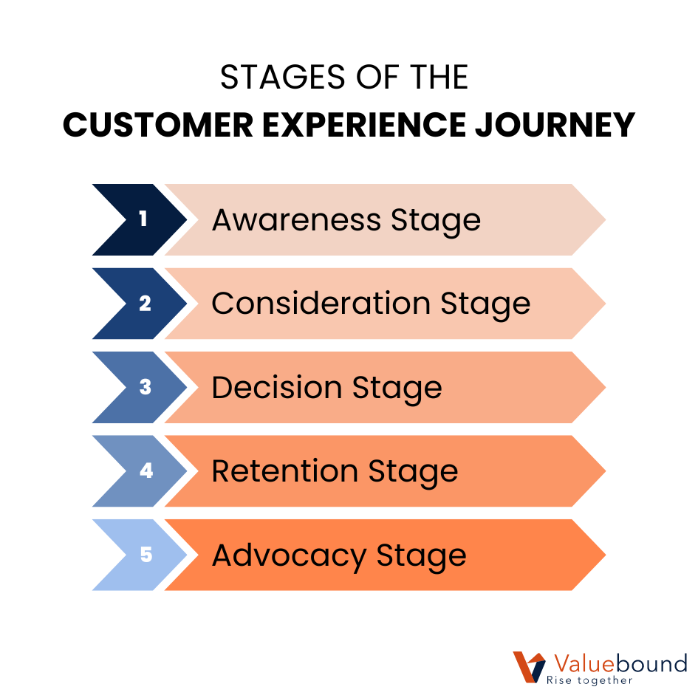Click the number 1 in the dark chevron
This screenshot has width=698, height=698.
(143, 219)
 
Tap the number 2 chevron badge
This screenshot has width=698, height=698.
(145, 304)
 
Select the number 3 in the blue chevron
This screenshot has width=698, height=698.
(145, 387)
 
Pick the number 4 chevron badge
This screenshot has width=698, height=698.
(146, 471)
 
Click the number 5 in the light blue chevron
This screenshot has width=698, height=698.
(146, 555)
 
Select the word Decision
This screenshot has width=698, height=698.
(276, 388)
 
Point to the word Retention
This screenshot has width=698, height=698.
(284, 471)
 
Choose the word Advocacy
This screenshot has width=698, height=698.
(289, 555)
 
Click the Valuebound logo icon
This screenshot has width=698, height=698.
(529, 667)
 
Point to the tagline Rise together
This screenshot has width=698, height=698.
(589, 680)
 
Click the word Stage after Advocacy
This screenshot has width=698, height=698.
(422, 556)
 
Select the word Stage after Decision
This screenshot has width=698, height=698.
(397, 389)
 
